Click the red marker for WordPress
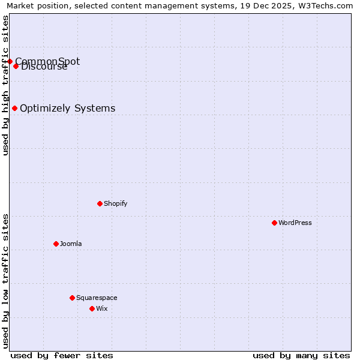pos(274,223)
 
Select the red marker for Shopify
pos(100,203)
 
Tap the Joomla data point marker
pos(56,244)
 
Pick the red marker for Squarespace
pos(72,298)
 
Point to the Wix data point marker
pos(92,308)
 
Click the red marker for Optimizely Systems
pos(14,108)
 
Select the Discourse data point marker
pos(16,66)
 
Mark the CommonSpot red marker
pos(10,61)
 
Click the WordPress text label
pos(295,223)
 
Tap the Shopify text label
pos(116,203)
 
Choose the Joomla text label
pos(71,244)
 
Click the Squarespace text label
pos(97,298)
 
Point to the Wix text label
pos(102,308)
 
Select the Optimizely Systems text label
pos(68,108)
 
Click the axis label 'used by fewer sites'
pos(62,355)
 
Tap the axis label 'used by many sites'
pos(301,355)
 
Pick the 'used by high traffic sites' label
pos(5,85)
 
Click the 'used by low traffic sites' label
pos(5,281)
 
